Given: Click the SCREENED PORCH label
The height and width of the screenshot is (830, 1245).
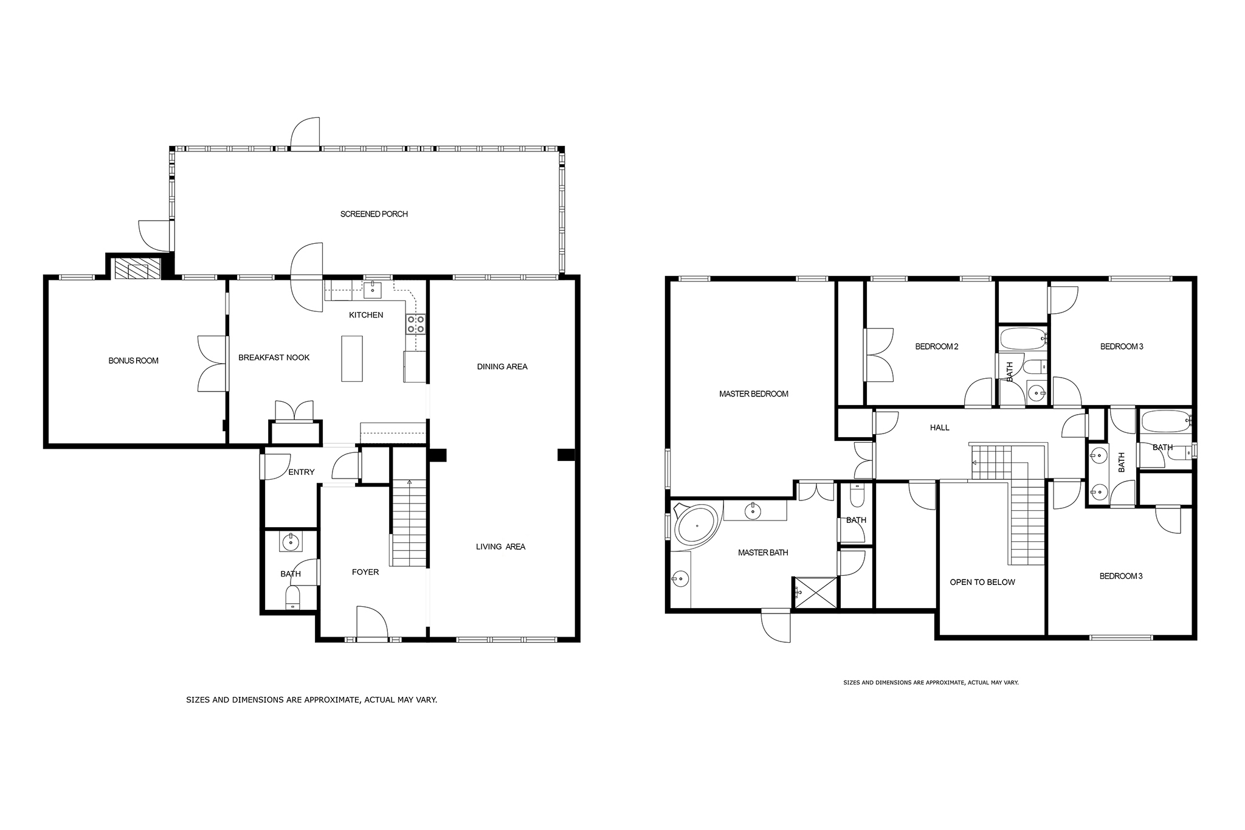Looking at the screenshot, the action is pyautogui.click(x=374, y=214).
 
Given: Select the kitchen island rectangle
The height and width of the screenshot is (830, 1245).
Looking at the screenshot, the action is pyautogui.click(x=352, y=359).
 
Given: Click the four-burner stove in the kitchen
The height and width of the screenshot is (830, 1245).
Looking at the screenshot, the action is pyautogui.click(x=416, y=324).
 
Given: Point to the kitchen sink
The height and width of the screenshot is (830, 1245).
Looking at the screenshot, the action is pyautogui.click(x=373, y=290).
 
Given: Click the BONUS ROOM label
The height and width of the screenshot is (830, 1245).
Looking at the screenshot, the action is pyautogui.click(x=133, y=361).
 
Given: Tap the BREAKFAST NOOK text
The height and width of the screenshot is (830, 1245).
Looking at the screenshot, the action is pyautogui.click(x=274, y=358).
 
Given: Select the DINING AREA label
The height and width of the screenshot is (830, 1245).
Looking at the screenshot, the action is pyautogui.click(x=502, y=367).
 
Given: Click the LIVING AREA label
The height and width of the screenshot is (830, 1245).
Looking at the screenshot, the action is pyautogui.click(x=500, y=547).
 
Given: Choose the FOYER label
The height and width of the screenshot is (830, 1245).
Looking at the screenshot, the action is pyautogui.click(x=365, y=572).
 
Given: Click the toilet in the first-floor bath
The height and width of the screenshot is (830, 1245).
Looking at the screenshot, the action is pyautogui.click(x=293, y=598).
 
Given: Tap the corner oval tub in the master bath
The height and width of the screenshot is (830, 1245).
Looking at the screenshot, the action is pyautogui.click(x=697, y=525).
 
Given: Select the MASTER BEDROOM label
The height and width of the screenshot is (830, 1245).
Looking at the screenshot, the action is pyautogui.click(x=754, y=394).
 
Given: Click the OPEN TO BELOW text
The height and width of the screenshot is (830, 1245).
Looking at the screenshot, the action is pyautogui.click(x=982, y=583).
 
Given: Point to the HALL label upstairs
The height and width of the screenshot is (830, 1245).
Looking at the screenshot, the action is pyautogui.click(x=939, y=427).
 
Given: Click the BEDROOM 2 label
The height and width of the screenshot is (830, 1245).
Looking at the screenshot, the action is pyautogui.click(x=937, y=347).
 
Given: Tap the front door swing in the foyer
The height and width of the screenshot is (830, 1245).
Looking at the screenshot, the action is pyautogui.click(x=372, y=622).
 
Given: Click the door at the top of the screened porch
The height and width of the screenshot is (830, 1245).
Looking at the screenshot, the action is pyautogui.click(x=305, y=133).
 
